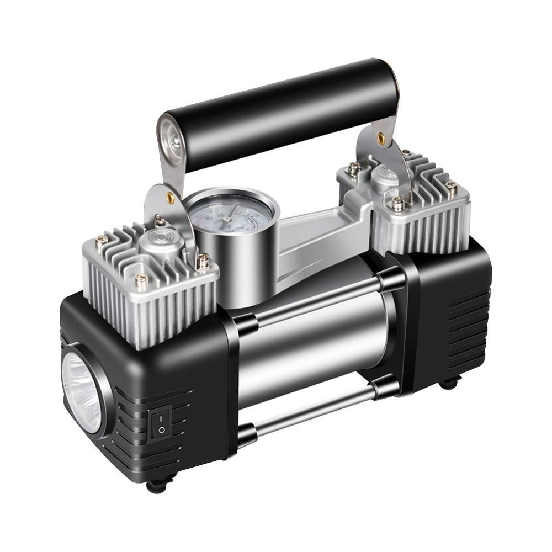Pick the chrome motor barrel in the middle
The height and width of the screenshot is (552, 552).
tap(309, 342)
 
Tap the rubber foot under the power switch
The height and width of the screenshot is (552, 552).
tap(156, 486)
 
